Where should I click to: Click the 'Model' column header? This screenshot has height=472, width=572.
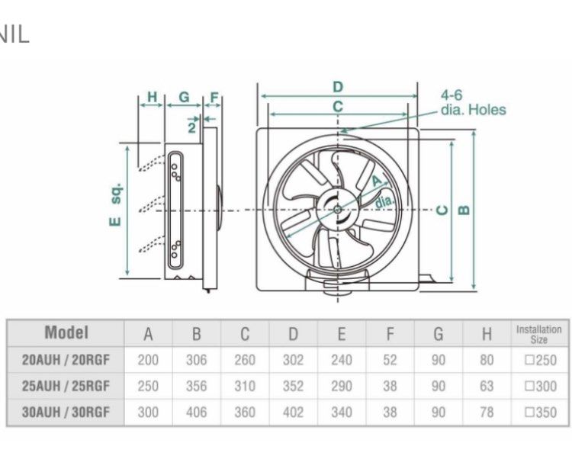pyautogui.click(x=66, y=333)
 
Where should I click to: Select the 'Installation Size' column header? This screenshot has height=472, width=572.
pyautogui.click(x=538, y=334)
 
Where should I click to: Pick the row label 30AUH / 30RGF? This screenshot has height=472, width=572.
pyautogui.click(x=66, y=413)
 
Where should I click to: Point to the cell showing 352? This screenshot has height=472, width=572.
pyautogui.click(x=293, y=387)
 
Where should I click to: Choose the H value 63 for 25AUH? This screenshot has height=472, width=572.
pyautogui.click(x=487, y=387)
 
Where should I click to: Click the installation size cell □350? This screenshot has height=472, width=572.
pyautogui.click(x=540, y=413)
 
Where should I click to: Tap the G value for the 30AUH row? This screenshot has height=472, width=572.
pyautogui.click(x=438, y=413)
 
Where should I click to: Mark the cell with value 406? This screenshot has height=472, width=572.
pyautogui.click(x=196, y=413)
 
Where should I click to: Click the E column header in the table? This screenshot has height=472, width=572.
pyautogui.click(x=342, y=334)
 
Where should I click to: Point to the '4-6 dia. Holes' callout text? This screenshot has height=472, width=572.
pyautogui.click(x=472, y=102)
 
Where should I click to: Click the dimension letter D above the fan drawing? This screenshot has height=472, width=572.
pyautogui.click(x=337, y=86)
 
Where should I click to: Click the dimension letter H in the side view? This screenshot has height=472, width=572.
pyautogui.click(x=152, y=97)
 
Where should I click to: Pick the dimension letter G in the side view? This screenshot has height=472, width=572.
pyautogui.click(x=184, y=97)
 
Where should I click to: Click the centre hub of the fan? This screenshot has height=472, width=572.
pyautogui.click(x=336, y=208)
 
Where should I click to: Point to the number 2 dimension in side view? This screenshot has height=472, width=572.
pyautogui.click(x=192, y=127)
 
